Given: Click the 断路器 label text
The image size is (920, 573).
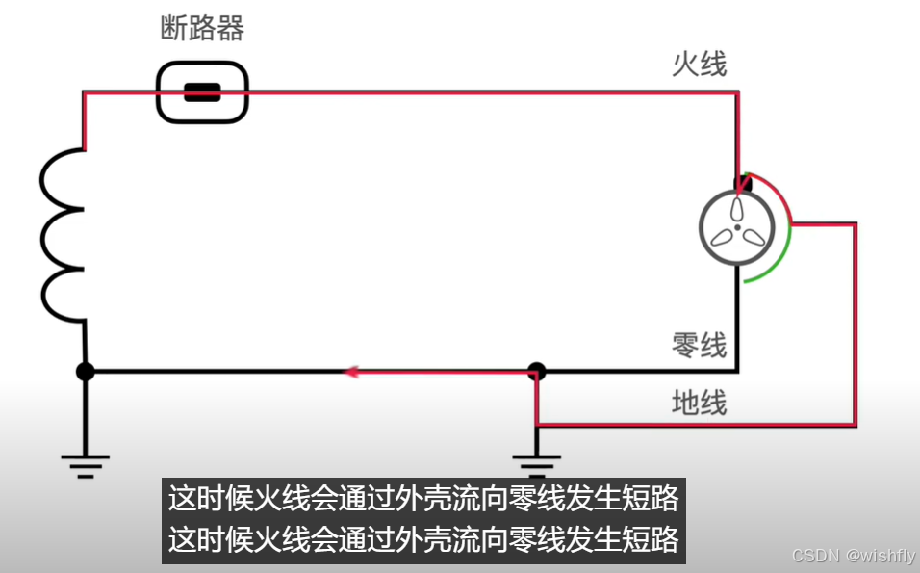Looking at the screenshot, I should click(202, 29).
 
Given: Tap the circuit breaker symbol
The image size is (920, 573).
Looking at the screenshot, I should click(202, 92).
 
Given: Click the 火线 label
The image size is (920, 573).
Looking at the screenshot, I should click(699, 65).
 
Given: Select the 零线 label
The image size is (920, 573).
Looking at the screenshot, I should click(699, 345).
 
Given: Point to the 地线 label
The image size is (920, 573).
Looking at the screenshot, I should click(699, 403).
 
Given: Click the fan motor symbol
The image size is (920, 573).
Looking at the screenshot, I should click(738, 228).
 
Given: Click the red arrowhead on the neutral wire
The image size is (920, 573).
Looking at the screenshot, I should click(353, 371).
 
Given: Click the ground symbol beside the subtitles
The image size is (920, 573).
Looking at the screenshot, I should click(536, 462).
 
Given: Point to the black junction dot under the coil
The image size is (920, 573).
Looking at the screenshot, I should click(86, 371).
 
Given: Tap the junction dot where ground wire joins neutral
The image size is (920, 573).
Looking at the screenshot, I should click(537, 371).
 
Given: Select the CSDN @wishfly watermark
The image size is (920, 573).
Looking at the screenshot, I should click(854, 556).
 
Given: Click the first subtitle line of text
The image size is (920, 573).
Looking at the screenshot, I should click(423, 499).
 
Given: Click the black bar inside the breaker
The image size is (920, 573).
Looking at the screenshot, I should click(202, 93).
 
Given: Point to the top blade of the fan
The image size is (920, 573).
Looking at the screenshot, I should click(738, 210).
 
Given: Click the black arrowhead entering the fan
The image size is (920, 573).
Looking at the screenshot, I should click(741, 182).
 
